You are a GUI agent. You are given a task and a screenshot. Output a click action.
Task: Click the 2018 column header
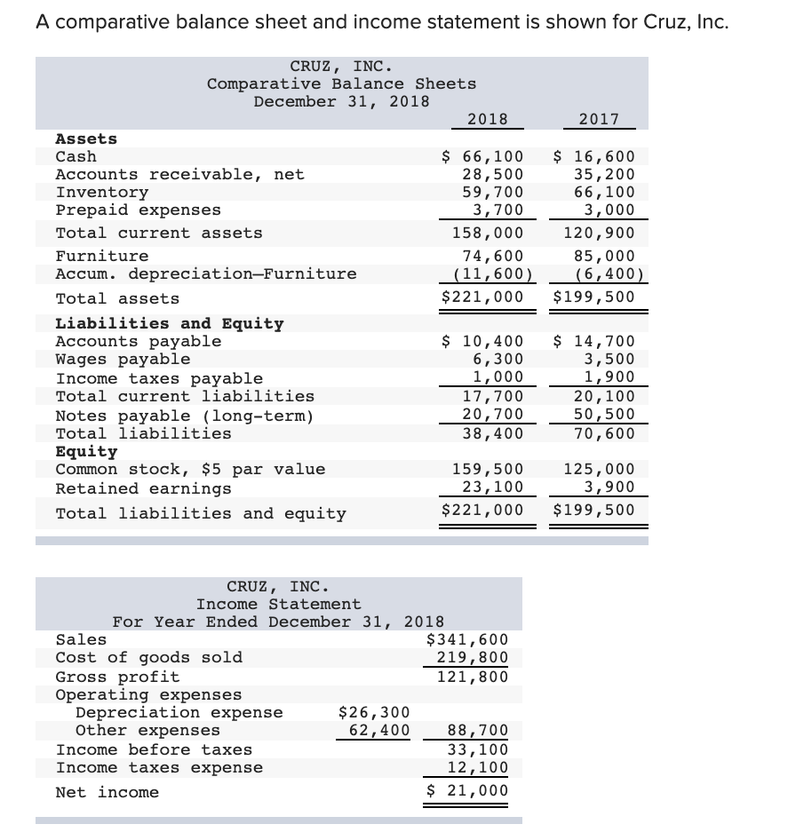coord(487,119)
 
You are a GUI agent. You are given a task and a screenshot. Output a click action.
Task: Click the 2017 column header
coord(598,119)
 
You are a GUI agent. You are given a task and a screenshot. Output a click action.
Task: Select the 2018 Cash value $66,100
coord(483,157)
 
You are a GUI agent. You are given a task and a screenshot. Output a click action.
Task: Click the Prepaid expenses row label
coord(138,210)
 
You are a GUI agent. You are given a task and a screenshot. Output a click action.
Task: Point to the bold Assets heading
coord(86,139)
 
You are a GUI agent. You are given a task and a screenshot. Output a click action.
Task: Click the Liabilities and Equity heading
coord(170,324)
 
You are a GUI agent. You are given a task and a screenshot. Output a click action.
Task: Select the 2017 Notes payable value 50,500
coord(604,416)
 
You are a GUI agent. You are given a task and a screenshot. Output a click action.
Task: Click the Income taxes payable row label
coord(159,378)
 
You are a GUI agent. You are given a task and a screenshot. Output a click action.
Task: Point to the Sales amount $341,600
coord(467,639)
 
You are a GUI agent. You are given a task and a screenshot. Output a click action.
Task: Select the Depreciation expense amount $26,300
coord(374,712)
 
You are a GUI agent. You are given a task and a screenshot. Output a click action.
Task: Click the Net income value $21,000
coord(467,791)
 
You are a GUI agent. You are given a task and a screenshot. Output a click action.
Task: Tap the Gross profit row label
coord(117,677)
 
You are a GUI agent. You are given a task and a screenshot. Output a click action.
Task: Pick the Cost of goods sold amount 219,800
coord(472,658)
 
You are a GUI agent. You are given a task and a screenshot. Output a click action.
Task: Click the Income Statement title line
coord(278,604)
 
